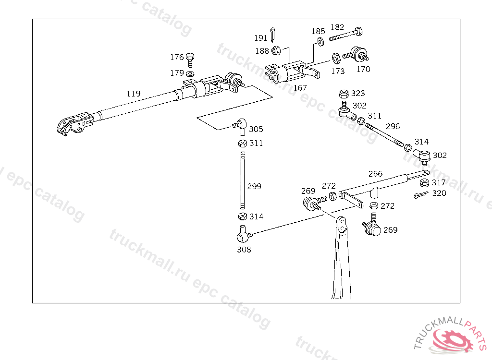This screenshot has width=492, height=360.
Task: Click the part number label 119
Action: tap(134, 94)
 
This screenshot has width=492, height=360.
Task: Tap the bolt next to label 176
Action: tap(191, 59)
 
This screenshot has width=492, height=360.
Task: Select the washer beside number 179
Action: tap(191, 73)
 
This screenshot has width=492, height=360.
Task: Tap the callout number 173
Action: tap(338, 72)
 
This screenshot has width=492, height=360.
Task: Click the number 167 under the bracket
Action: tap(300, 88)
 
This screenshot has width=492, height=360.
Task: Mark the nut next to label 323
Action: tap(344, 94)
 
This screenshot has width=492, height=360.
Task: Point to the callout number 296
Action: tap(393, 127)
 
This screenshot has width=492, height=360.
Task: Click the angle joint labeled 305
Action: tap(241, 126)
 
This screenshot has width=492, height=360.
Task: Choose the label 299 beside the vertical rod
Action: tap(254, 186)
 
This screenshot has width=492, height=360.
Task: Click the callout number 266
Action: tap(375, 173)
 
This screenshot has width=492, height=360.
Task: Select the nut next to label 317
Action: tap(424, 183)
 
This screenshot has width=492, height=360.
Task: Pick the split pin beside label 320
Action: tap(420, 195)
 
